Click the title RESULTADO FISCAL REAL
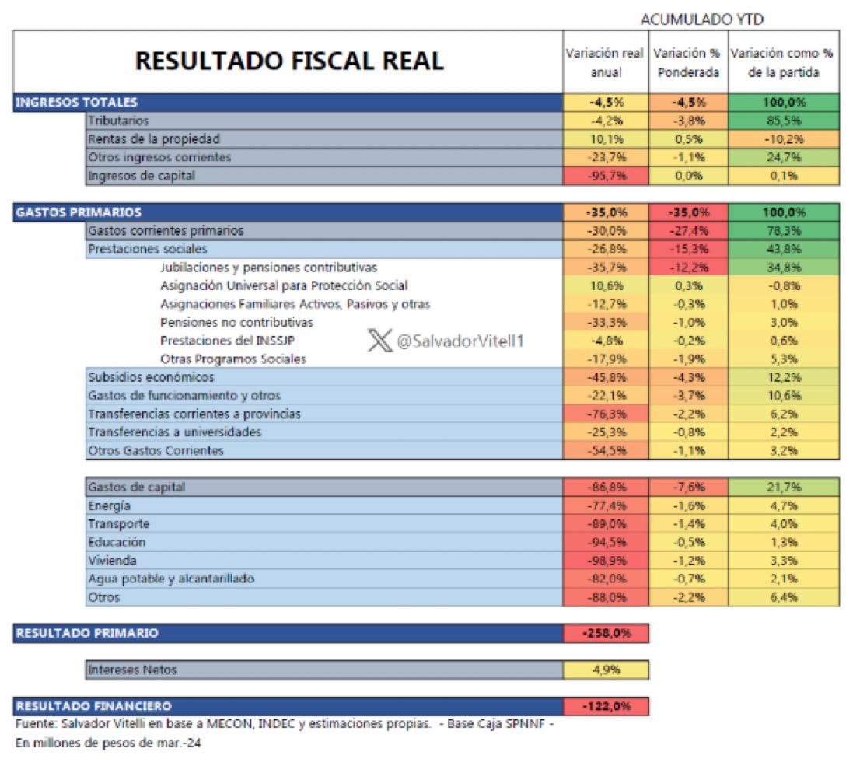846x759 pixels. click(x=289, y=61)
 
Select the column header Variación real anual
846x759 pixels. click(x=605, y=62)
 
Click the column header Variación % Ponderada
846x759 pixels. click(x=687, y=62)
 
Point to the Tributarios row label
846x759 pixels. click(x=118, y=121)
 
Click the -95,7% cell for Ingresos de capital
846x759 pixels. click(x=605, y=176)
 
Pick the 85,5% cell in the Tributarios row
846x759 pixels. click(x=784, y=121)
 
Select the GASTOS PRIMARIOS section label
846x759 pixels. click(x=78, y=212)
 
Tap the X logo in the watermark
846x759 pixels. click(x=379, y=341)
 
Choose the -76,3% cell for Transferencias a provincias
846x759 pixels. click(x=605, y=414)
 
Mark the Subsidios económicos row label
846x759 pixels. click(x=151, y=377)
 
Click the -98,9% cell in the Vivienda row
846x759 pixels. click(x=605, y=561)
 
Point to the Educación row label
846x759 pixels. click(x=117, y=542)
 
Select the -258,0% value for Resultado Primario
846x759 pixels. click(x=605, y=633)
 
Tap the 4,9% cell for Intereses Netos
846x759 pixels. click(x=605, y=670)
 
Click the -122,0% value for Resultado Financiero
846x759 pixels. click(x=605, y=706)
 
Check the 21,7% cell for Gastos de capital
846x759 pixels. click(x=784, y=488)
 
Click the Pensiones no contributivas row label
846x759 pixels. click(x=236, y=322)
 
